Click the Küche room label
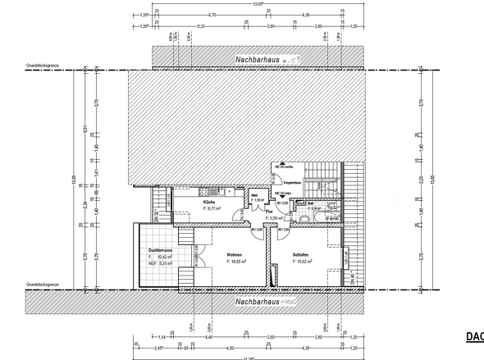coord(209,202)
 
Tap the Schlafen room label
coord(305,255)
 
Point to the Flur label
coord(269,212)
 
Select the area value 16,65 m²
coord(238,262)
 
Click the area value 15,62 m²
coord(305,262)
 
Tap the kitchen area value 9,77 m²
coord(213,208)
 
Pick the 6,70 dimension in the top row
coord(212,15)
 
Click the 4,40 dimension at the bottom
coord(208,337)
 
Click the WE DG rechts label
coord(284,166)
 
